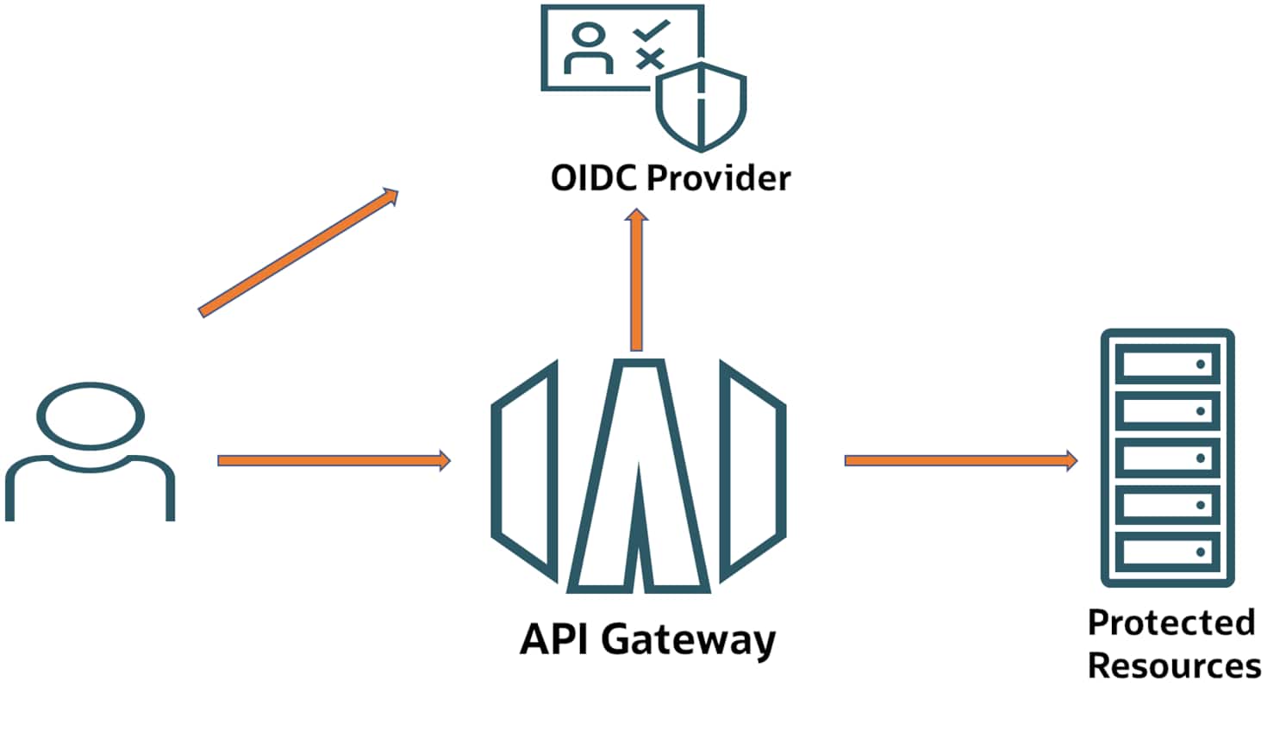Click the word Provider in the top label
point(718,178)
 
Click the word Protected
point(1171,622)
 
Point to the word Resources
point(1174,665)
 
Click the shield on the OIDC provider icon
point(701,106)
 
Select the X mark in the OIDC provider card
point(650,59)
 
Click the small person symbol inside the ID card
point(589,50)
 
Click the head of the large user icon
point(91,416)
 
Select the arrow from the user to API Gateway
point(334,461)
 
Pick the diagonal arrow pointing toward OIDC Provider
point(299,253)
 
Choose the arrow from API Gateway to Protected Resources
point(960,461)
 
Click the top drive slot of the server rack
point(1167,365)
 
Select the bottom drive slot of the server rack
point(1167,552)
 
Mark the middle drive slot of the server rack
point(1167,458)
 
